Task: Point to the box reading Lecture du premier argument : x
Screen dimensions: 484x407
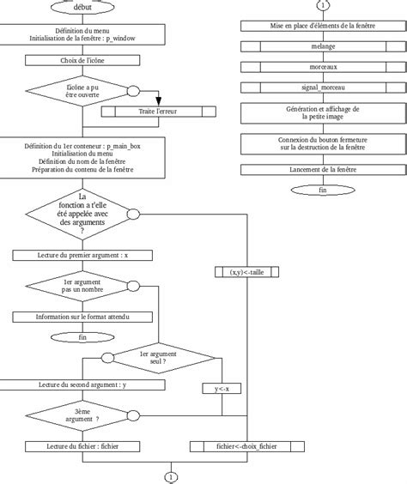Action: (82, 255)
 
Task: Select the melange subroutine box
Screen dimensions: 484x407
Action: (323, 47)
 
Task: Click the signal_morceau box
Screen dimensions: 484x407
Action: (323, 88)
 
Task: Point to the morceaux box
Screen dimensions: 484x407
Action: (323, 67)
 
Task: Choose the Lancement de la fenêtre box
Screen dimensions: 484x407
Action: (323, 170)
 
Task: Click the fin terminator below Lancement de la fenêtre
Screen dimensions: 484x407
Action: (323, 190)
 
